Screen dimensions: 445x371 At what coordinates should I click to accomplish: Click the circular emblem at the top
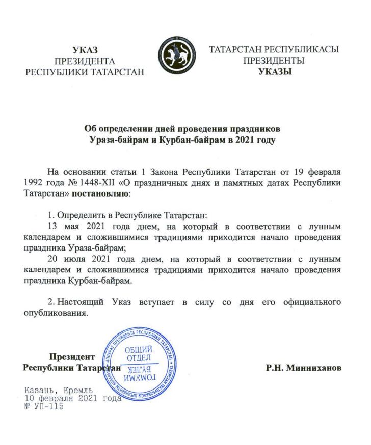176,55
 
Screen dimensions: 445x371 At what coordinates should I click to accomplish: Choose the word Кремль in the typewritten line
74,391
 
